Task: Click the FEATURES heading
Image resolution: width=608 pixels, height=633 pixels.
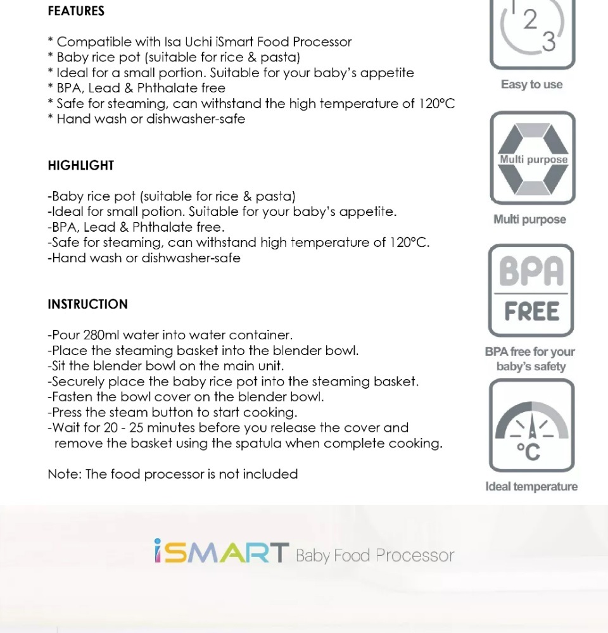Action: [76, 11]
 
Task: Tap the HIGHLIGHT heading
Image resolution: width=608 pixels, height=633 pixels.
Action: [81, 165]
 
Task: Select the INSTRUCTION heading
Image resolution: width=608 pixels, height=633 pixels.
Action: [87, 304]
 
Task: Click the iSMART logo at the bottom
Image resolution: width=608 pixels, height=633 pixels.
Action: [222, 553]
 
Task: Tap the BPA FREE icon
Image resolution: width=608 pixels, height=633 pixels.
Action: [531, 291]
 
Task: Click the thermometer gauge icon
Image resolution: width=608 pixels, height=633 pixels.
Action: [531, 425]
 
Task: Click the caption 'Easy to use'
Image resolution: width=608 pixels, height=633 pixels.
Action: [531, 84]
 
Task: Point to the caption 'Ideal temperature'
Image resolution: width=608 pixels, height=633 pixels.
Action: [531, 486]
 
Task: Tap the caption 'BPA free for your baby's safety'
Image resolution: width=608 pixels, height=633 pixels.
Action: [530, 359]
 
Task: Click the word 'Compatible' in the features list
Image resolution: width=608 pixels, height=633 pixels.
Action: [93, 42]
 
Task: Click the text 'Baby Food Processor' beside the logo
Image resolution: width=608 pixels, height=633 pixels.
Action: [375, 556]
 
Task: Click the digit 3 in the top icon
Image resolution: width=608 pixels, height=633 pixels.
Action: [548, 42]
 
